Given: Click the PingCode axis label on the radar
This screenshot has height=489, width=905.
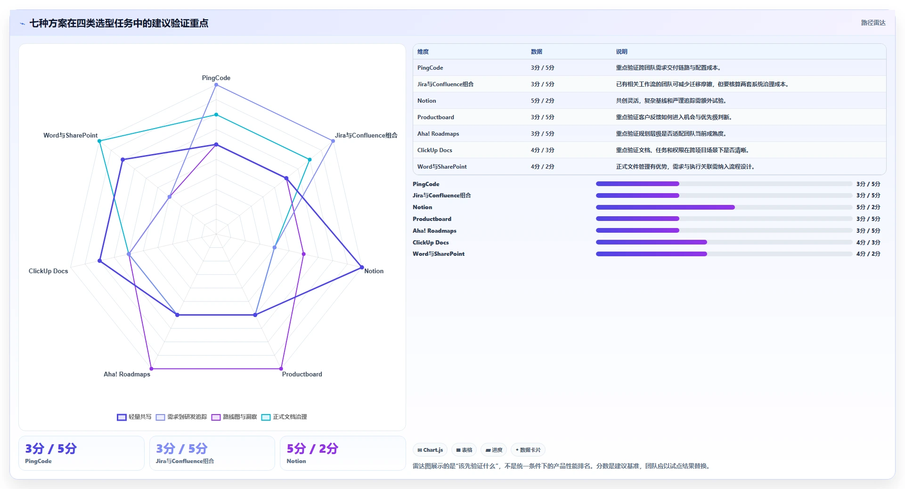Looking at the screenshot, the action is tap(216, 78).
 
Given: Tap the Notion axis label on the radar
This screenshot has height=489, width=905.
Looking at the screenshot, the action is tap(374, 271).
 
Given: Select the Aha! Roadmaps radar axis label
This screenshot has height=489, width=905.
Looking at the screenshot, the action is tap(127, 374).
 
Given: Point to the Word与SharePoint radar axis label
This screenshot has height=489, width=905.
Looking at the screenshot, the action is tap(71, 135).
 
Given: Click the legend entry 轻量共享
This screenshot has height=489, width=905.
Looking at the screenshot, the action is tap(134, 417).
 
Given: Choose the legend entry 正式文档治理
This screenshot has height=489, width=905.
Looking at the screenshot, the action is tap(284, 417).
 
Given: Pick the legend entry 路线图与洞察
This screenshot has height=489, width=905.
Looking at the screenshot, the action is tap(234, 417).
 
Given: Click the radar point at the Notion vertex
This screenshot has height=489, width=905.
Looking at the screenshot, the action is tap(362, 268).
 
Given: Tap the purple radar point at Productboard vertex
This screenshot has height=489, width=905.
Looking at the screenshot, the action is tap(281, 369).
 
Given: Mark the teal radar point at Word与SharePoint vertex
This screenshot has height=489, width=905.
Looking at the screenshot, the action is tap(99, 141).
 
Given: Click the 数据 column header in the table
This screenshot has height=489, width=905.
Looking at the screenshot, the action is tap(537, 52).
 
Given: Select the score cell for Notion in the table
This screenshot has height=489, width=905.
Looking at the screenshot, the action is tap(543, 101).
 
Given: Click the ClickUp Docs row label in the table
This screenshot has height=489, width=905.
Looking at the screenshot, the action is tap(435, 150).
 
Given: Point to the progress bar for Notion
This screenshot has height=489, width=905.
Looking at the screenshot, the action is tap(724, 207).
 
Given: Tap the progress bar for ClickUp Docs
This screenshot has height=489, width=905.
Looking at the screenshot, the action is tap(724, 242).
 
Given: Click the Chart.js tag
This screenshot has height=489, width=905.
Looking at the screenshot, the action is tap(430, 450).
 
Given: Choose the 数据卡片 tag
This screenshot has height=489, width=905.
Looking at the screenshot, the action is tap(528, 450).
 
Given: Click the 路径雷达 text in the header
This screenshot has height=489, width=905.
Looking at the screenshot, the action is tap(873, 23).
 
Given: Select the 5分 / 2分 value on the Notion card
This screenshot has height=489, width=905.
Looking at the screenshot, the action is tap(312, 448).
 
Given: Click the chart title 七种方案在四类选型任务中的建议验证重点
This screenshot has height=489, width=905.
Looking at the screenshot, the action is tap(119, 23).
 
